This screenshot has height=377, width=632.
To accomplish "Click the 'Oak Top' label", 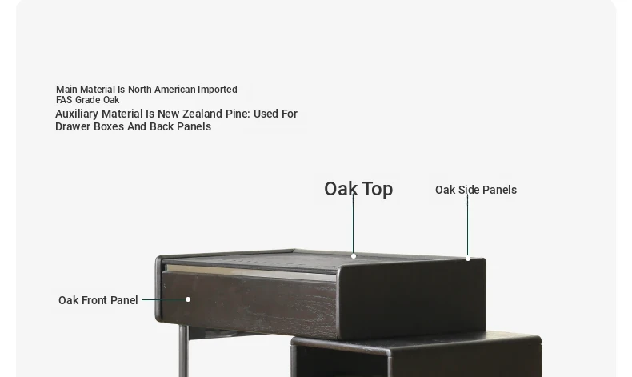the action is [358, 189].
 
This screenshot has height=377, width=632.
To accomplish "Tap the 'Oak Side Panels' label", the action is [476, 190].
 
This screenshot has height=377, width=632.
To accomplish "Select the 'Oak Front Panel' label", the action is [98, 300].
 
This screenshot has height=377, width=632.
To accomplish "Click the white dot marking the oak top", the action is [354, 256].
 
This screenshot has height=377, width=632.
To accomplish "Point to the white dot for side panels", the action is [467, 259].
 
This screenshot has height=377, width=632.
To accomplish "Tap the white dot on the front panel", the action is [188, 299].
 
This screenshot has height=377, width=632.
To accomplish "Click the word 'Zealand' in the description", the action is [202, 114].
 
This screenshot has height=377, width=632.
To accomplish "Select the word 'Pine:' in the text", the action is [238, 114].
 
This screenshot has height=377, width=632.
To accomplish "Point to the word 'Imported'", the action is [218, 90].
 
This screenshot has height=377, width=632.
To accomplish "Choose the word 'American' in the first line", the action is [174, 90].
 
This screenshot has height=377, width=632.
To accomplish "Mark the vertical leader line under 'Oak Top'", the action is [353, 224].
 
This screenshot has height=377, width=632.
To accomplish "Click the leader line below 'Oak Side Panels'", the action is [467, 226].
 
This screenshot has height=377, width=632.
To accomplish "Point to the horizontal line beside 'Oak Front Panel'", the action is [163, 299].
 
